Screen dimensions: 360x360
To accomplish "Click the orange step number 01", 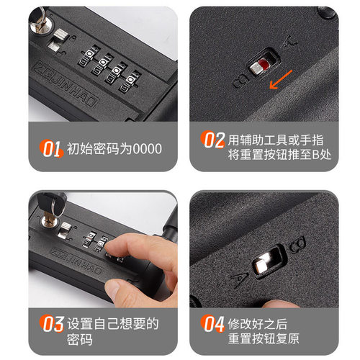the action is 52,149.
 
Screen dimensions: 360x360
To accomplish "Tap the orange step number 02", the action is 212,140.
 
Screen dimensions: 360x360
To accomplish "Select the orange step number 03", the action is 52,323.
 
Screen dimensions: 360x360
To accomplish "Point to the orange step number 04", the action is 212,323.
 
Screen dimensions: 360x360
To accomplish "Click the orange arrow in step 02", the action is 281,79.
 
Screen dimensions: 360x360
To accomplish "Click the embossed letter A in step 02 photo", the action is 291,42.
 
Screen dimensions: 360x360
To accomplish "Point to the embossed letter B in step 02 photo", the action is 240,81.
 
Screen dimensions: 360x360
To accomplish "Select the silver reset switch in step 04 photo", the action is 263,262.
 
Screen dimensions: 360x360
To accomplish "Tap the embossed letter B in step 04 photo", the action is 297,244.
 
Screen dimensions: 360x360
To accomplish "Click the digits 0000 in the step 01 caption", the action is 148,149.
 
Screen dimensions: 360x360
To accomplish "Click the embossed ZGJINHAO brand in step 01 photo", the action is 66,84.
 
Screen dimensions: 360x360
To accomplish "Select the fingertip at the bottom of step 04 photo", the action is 279,304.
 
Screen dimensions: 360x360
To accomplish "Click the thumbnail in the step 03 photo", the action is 113,289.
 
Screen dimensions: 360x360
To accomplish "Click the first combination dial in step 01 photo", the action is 89,57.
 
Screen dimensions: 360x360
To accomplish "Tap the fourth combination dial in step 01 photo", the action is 129,82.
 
